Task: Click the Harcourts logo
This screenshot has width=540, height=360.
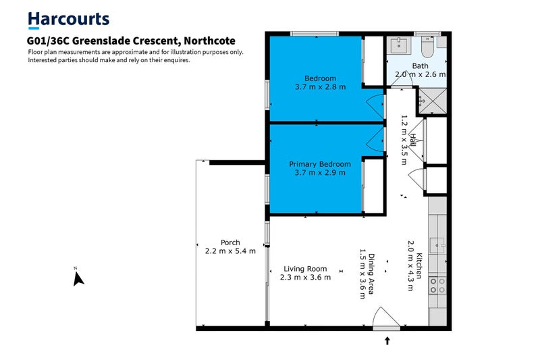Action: pos(68,21)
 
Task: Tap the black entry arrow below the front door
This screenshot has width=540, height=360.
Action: pos(387,340)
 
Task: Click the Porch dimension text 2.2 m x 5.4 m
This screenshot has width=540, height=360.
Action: pos(230,251)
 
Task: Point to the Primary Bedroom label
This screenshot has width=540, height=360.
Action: pos(320,164)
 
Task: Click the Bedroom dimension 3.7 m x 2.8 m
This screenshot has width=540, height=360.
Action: pos(320,86)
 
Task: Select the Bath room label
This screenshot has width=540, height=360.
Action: pos(420,66)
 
